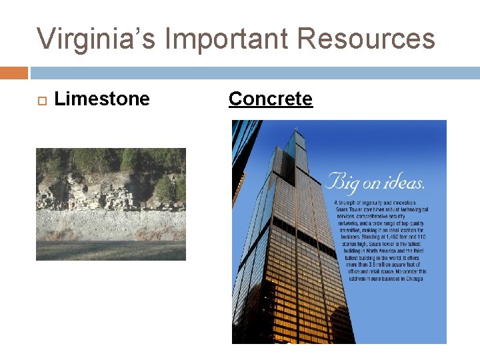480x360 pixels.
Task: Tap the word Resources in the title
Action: click(x=367, y=39)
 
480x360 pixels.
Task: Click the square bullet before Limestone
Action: click(x=39, y=100)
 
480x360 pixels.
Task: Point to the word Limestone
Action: click(x=102, y=99)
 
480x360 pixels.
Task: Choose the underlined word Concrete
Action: click(x=270, y=99)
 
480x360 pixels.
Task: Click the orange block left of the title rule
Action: click(x=13, y=73)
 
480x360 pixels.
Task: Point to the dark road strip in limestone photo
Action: click(x=111, y=250)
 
